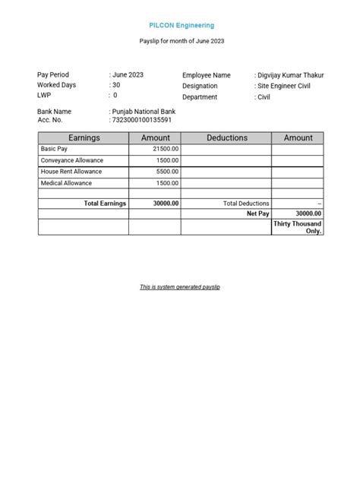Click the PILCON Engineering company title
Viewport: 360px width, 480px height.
pyautogui.click(x=182, y=26)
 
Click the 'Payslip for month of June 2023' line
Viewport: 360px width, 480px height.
pyautogui.click(x=182, y=41)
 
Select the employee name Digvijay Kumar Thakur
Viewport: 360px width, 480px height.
pyautogui.click(x=289, y=75)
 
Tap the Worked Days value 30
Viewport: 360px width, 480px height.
pyautogui.click(x=116, y=85)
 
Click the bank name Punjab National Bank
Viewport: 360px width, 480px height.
pyautogui.click(x=145, y=111)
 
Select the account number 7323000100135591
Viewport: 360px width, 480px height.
pyautogui.click(x=143, y=120)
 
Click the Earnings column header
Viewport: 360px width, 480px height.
pyautogui.click(x=84, y=137)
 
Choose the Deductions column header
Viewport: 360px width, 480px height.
pyautogui.click(x=226, y=137)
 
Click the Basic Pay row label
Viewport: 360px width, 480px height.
pyautogui.click(x=55, y=150)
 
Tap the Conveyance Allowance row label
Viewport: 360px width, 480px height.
pyautogui.click(x=72, y=161)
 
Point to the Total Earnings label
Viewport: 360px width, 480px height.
pyautogui.click(x=105, y=204)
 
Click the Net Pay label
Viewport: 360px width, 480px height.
pyautogui.click(x=258, y=214)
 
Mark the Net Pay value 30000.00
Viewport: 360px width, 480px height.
pyautogui.click(x=308, y=214)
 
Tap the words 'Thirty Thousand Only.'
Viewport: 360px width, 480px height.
pyautogui.click(x=297, y=227)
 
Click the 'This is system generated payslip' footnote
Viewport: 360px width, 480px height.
pyautogui.click(x=180, y=287)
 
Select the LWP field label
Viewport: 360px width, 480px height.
pyautogui.click(x=45, y=96)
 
